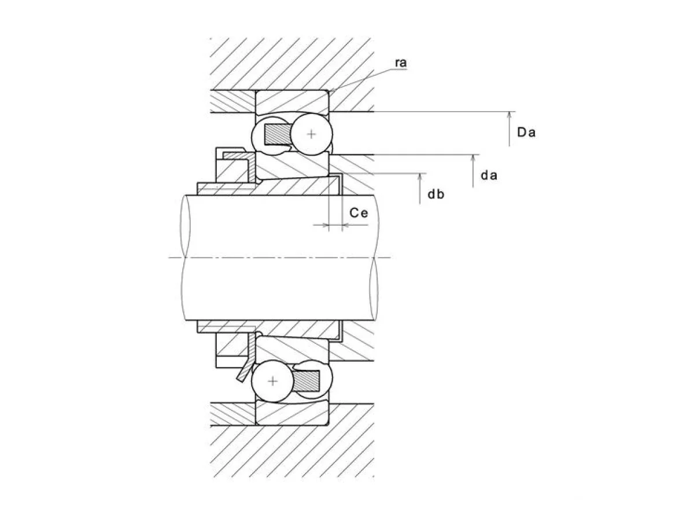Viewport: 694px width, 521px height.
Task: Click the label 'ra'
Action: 401,63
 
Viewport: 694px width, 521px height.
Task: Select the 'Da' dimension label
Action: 526,132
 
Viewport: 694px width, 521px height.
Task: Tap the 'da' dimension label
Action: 489,175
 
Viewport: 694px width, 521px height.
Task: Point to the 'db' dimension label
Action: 435,195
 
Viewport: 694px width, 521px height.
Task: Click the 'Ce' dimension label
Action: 359,213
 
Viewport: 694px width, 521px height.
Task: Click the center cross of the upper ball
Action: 311,134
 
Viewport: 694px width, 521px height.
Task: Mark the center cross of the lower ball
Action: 273,381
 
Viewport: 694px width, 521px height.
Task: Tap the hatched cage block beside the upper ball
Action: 276,134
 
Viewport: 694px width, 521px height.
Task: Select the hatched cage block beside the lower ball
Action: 307,381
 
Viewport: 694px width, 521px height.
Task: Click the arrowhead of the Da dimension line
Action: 510,115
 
